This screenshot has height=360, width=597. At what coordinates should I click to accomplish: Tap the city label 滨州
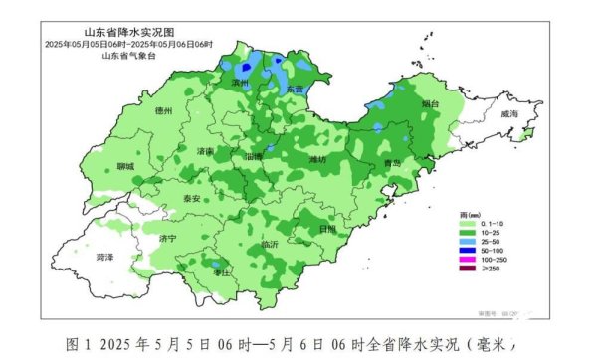239,83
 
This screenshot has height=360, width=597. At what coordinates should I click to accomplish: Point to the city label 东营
295,90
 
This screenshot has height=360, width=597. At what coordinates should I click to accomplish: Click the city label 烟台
430,103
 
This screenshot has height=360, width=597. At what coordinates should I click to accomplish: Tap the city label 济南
206,151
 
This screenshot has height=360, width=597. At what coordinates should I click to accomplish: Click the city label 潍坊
317,159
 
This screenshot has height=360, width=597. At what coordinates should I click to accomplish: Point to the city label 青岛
392,163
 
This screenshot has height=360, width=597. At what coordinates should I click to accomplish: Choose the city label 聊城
124,167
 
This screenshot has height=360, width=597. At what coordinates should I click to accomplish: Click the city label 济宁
166,239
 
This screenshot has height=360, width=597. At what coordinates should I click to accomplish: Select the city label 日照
327,228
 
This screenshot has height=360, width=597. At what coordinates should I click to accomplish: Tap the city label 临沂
269,244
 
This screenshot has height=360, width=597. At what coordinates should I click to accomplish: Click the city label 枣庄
222,271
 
